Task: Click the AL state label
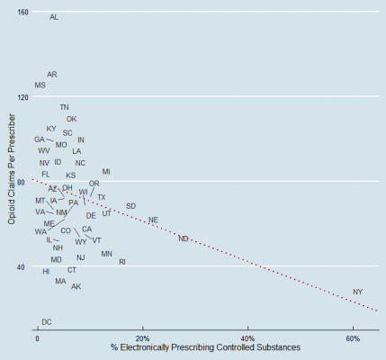[54, 17]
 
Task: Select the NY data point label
[357, 292]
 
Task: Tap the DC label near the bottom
[46, 321]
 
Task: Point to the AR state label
[51, 75]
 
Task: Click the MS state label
[40, 85]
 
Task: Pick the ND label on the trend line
[184, 238]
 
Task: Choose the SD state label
[130, 206]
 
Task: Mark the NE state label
[153, 220]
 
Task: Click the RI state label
[122, 262]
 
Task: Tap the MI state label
[106, 171]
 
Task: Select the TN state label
[64, 107]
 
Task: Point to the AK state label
[76, 286]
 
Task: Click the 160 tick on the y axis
[22, 12]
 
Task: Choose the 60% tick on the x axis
[352, 337]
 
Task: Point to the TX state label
[101, 197]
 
